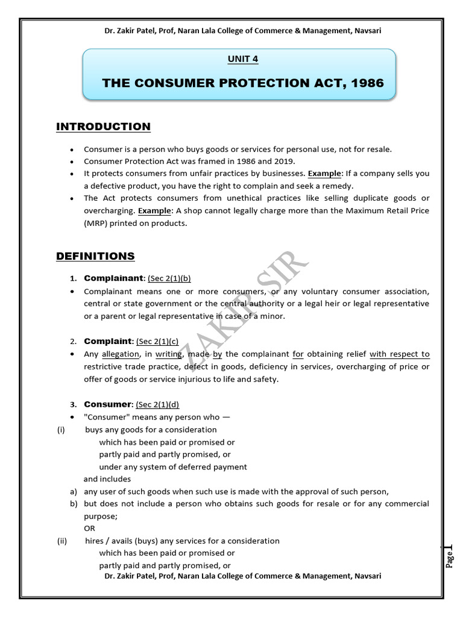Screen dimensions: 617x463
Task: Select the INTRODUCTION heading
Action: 103,127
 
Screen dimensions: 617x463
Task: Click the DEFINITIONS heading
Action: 95,256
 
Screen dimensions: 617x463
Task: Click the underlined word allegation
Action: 120,354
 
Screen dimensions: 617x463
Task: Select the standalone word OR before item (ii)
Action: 90,528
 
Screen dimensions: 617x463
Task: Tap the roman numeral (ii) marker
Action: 61,540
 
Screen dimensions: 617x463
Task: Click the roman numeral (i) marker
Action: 60,430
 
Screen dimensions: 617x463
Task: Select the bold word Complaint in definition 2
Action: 108,341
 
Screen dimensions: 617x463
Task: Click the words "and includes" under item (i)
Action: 107,479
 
